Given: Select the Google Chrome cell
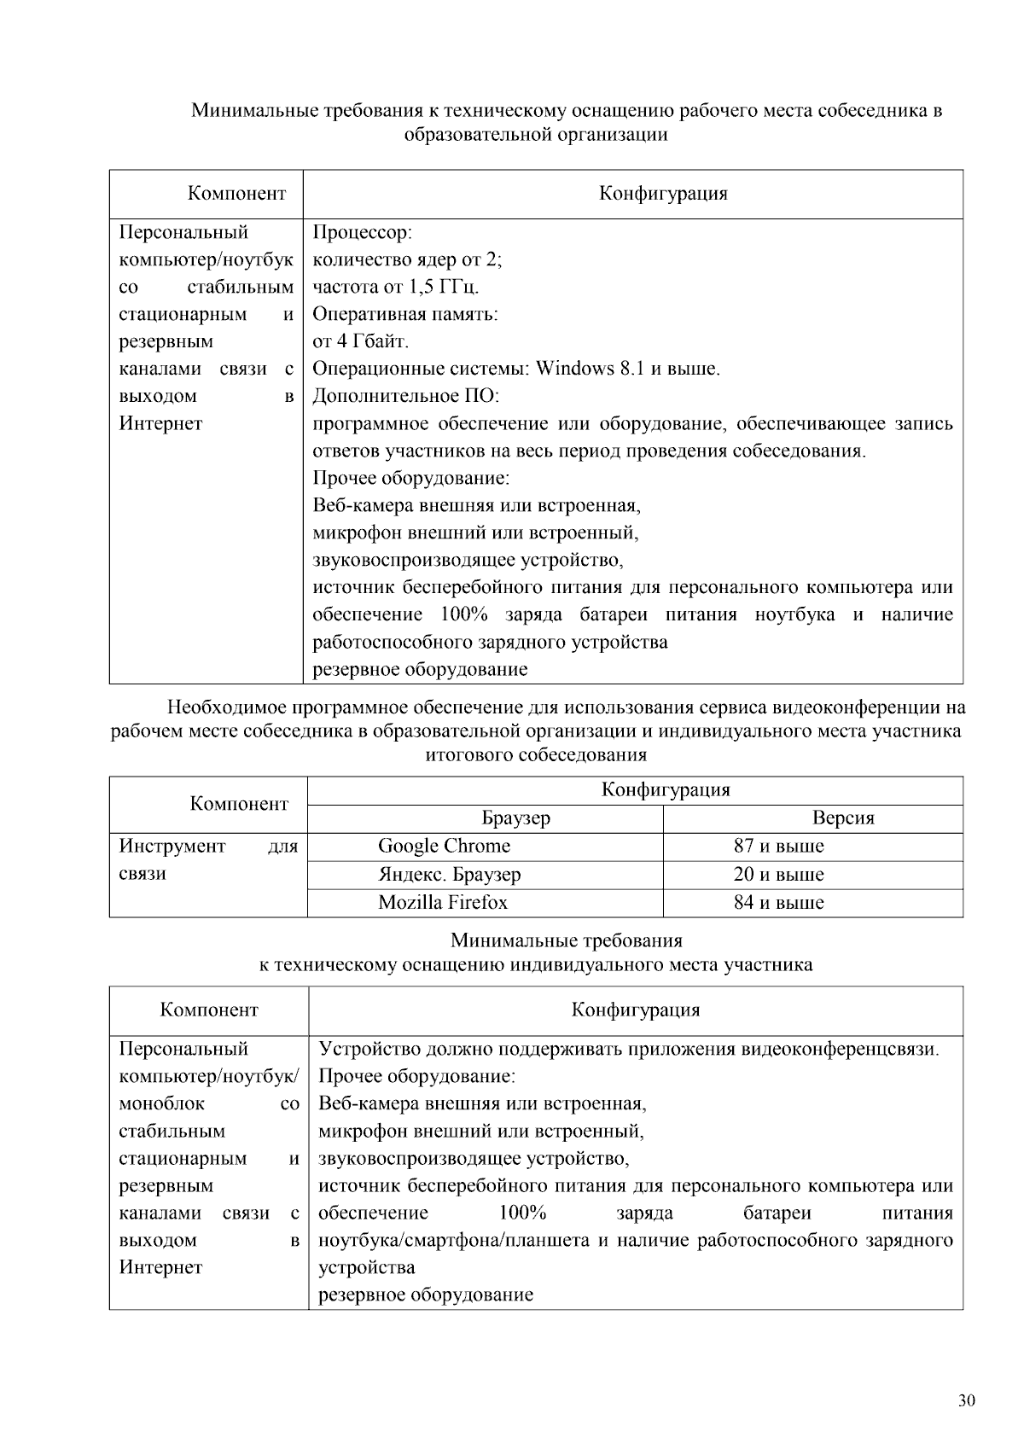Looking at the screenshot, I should (444, 846).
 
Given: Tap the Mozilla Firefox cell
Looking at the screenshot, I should (443, 902).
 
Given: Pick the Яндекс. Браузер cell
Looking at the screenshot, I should (450, 874).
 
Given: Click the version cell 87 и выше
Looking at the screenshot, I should (778, 846).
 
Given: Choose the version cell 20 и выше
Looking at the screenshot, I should (778, 874).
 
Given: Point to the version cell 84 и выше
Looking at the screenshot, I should (778, 902).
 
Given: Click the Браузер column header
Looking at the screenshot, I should (515, 818).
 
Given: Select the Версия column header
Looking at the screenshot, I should (842, 818).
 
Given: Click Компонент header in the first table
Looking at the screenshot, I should (236, 193).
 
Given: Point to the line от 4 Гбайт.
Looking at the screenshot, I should (361, 341).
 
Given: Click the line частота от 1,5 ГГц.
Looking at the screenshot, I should (395, 287).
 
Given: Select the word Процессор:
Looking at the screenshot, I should (363, 232).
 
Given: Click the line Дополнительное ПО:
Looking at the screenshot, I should (405, 396).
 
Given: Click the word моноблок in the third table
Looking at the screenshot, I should (161, 1103).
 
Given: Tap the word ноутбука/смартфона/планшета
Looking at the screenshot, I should (453, 1240).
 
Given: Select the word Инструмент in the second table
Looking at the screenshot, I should (172, 846).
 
